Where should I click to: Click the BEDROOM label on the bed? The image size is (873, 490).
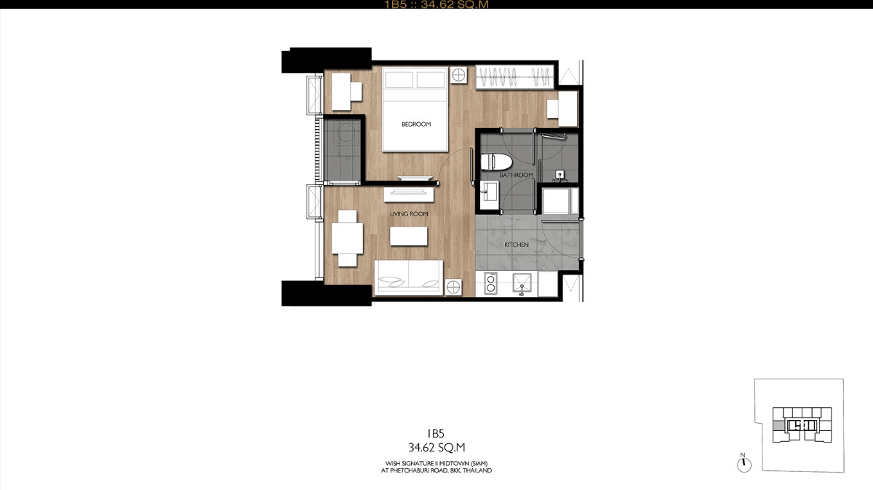pyautogui.click(x=416, y=124)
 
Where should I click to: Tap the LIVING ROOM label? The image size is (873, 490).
pyautogui.click(x=409, y=214)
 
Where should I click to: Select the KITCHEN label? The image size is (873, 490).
pyautogui.click(x=517, y=245)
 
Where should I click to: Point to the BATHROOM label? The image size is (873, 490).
pyautogui.click(x=516, y=175)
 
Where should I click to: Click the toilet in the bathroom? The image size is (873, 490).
pyautogui.click(x=495, y=162)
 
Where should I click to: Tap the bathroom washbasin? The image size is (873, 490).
pyautogui.click(x=489, y=191)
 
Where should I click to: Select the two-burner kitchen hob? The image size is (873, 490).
pyautogui.click(x=490, y=283)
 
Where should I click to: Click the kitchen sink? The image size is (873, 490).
pyautogui.click(x=522, y=284)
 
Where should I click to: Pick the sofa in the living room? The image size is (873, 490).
pyautogui.click(x=409, y=277)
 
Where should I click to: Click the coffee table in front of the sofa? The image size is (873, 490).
pyautogui.click(x=409, y=237)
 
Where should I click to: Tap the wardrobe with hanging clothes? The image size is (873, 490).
pyautogui.click(x=515, y=77)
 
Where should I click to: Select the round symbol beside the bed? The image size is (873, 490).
pyautogui.click(x=459, y=74)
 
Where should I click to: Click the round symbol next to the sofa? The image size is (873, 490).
pyautogui.click(x=453, y=288)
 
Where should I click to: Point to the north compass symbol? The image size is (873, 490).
pyautogui.click(x=744, y=463)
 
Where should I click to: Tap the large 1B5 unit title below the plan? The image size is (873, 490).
pyautogui.click(x=436, y=433)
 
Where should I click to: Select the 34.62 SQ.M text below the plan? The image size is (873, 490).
pyautogui.click(x=436, y=448)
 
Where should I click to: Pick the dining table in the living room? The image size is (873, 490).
pyautogui.click(x=347, y=238)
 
